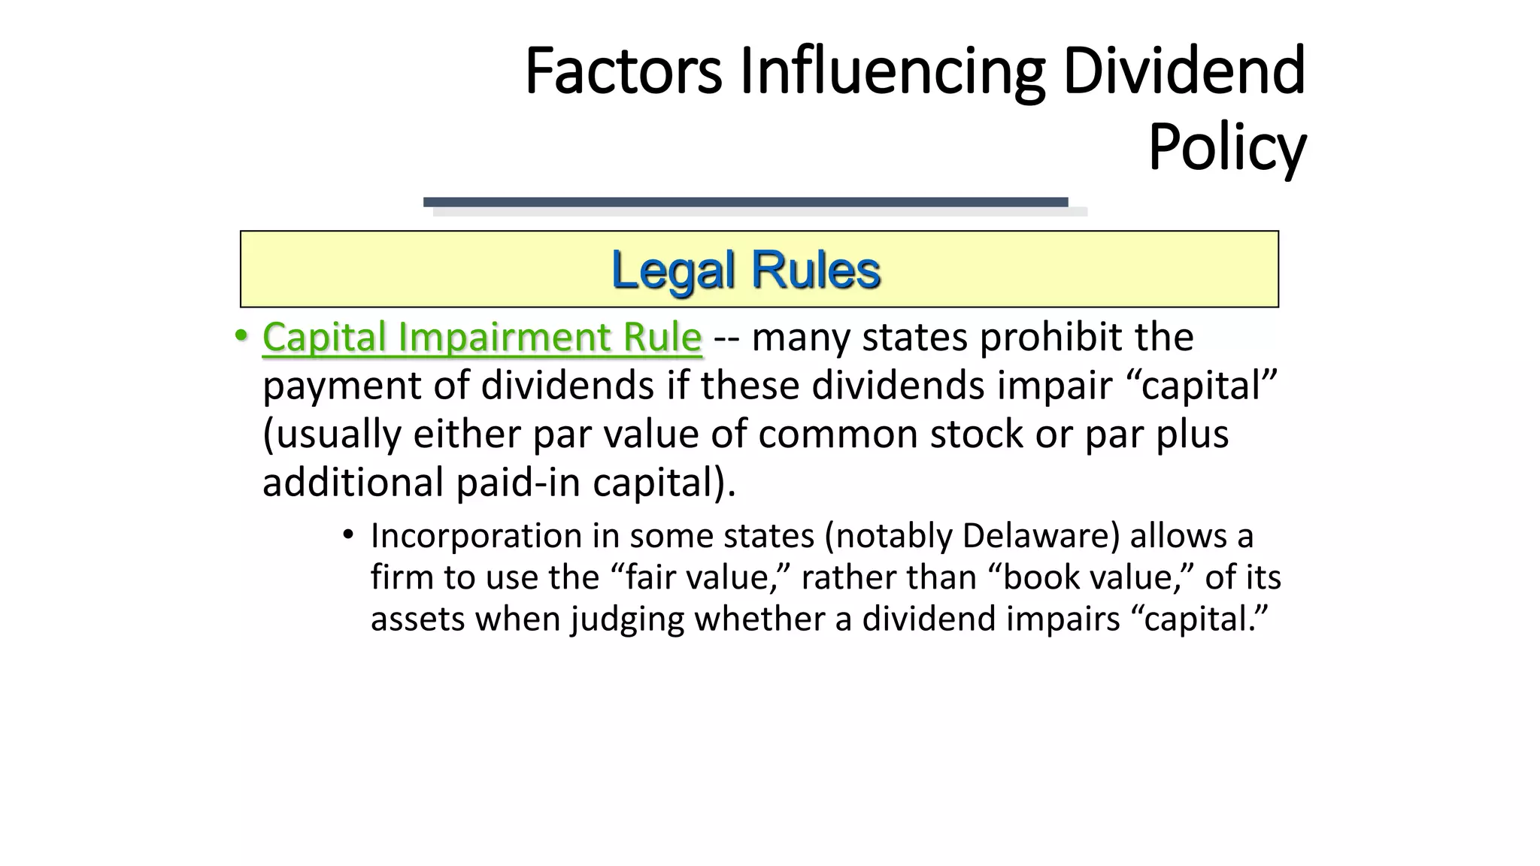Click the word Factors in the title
(623, 71)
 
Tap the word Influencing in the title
(892, 71)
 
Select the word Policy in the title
(1226, 148)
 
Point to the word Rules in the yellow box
(816, 270)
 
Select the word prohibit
(1051, 337)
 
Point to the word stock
(977, 434)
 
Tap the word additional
(353, 482)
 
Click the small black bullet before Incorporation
(347, 535)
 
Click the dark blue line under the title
(745, 201)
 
